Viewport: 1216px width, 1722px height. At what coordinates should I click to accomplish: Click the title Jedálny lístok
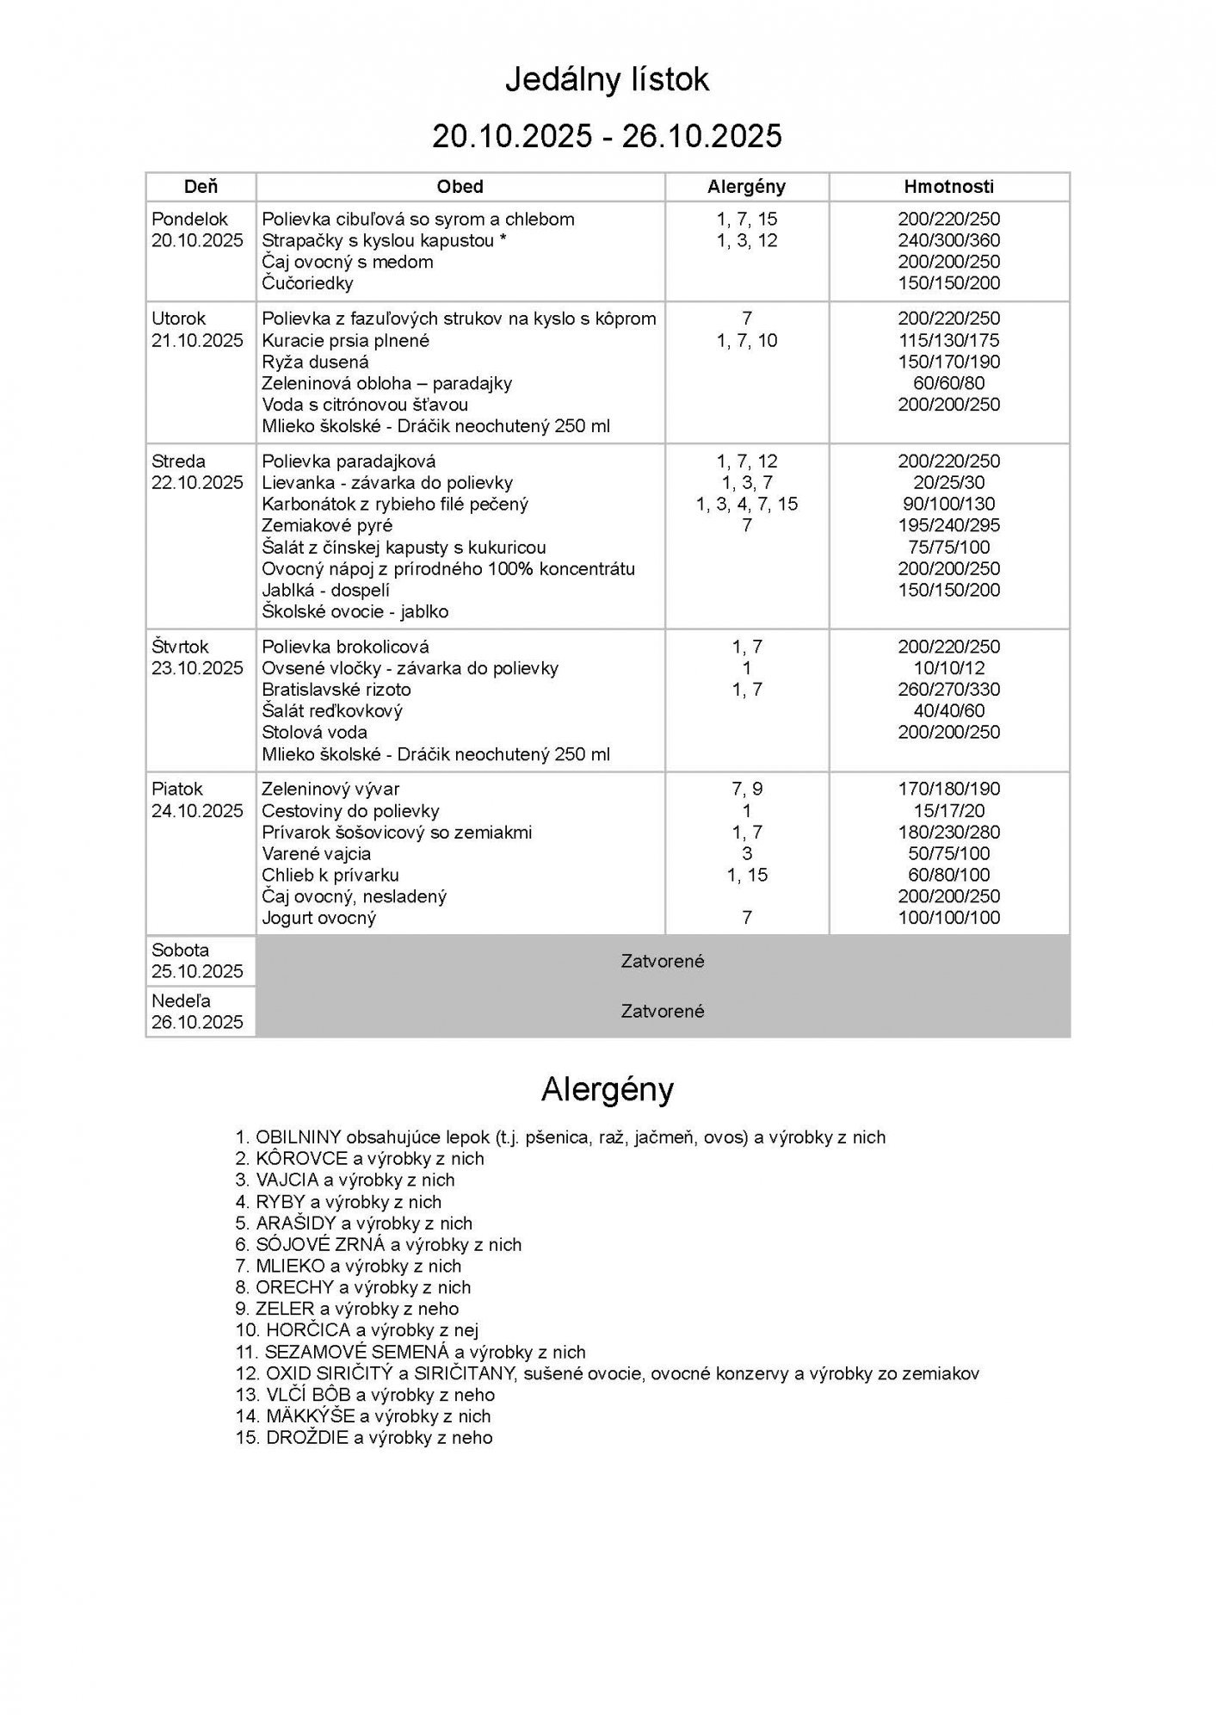point(607,80)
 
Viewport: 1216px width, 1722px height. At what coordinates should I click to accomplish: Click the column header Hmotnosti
point(948,187)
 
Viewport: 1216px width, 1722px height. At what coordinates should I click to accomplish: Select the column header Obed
point(460,187)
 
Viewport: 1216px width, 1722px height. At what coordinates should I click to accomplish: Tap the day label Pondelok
point(189,220)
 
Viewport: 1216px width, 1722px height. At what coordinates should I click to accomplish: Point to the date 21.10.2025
point(197,340)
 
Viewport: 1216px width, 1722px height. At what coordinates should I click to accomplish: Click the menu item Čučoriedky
point(307,283)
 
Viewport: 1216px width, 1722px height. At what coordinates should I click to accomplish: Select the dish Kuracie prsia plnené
point(345,340)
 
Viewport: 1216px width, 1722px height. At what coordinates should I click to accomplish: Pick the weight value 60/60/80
point(948,383)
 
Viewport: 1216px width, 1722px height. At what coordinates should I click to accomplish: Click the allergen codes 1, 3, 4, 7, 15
point(746,505)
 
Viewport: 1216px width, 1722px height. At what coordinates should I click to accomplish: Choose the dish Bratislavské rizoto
point(336,690)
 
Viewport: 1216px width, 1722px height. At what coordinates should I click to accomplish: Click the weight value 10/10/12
point(948,668)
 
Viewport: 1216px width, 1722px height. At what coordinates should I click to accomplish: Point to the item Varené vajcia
point(316,853)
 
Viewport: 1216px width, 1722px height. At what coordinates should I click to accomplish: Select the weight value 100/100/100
point(948,918)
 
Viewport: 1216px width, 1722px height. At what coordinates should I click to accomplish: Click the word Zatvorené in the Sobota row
point(662,961)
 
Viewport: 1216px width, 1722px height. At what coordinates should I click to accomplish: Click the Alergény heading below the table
point(607,1090)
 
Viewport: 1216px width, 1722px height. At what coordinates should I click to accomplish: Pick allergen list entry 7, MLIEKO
point(349,1266)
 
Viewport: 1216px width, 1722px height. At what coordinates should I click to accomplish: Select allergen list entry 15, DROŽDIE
point(364,1437)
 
